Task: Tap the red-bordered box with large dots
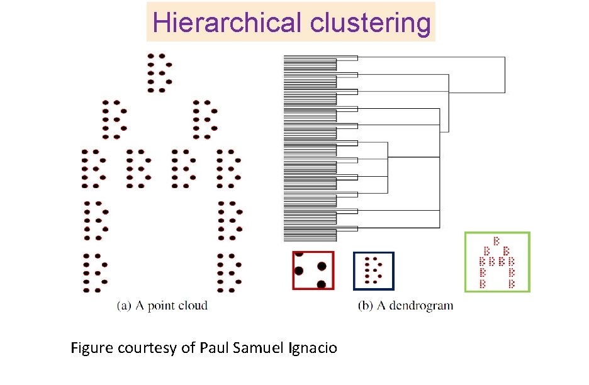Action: coord(313,270)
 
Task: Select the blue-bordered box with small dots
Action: coord(374,271)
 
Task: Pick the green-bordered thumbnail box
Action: coord(497,262)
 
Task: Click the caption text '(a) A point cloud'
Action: coord(162,306)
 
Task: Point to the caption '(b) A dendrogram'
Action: coord(405,306)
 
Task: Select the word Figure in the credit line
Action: coord(92,347)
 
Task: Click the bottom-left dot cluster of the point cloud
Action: coord(96,273)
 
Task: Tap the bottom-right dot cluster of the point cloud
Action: coord(230,273)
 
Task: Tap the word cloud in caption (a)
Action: coord(193,306)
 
